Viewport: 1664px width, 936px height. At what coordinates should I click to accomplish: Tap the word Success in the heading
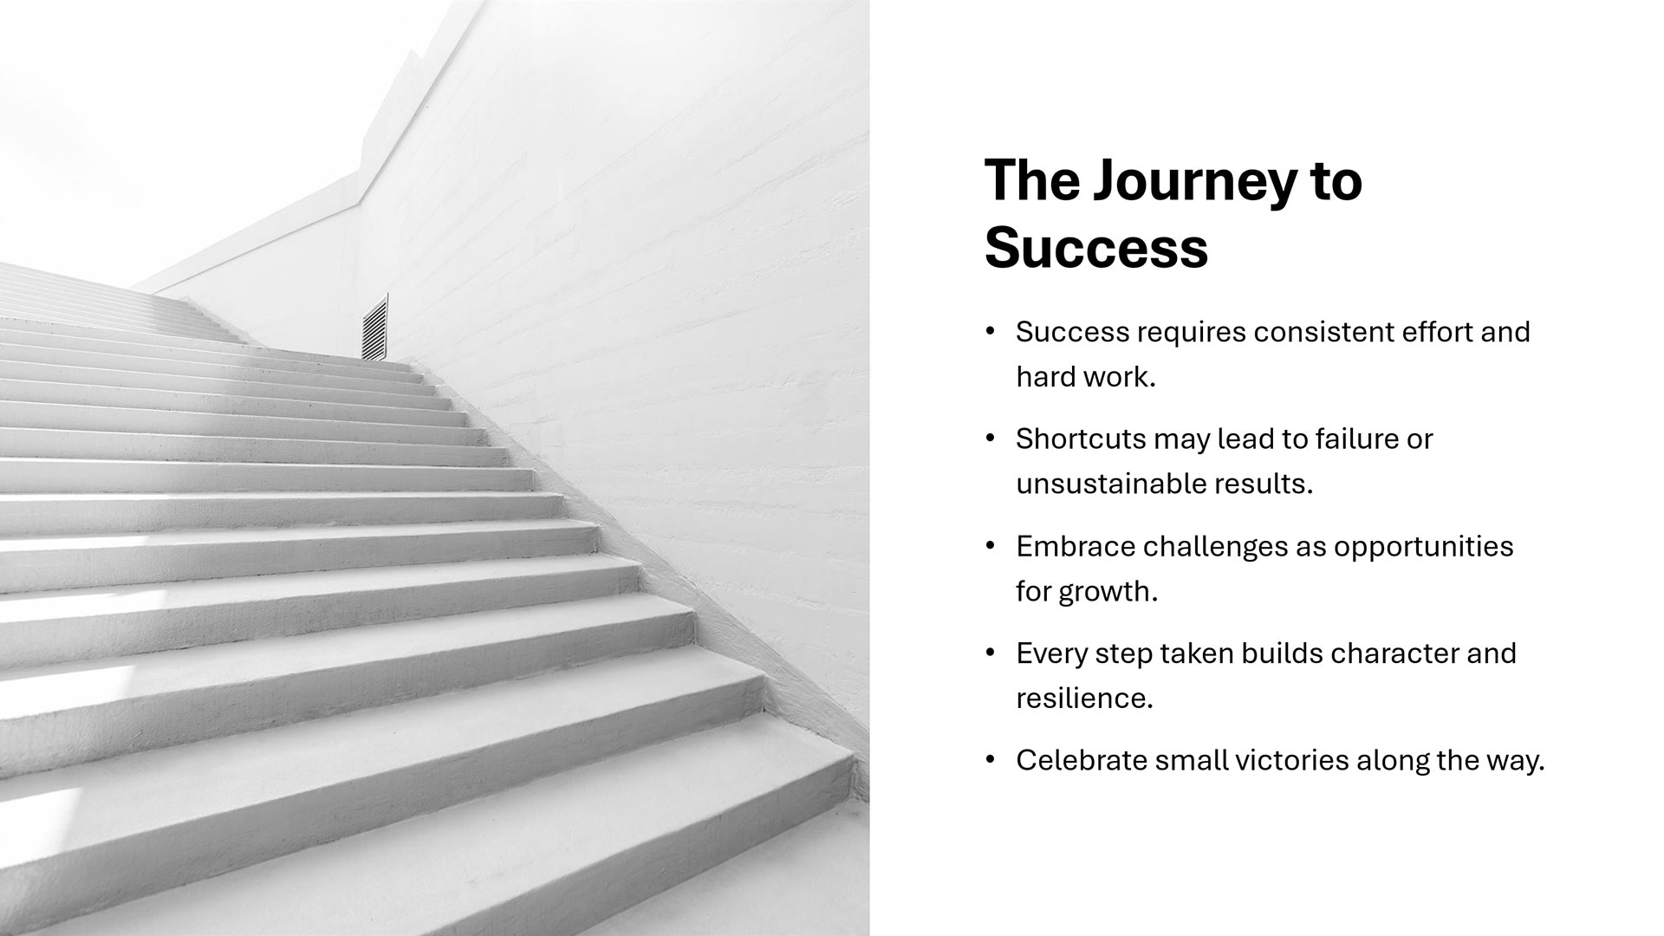(1096, 247)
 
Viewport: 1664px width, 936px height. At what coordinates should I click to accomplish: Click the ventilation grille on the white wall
(374, 328)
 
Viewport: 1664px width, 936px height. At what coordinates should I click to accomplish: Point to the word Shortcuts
(1081, 439)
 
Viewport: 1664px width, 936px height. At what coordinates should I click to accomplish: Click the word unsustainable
(1108, 484)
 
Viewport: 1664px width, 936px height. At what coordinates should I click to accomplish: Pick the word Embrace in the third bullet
(1075, 547)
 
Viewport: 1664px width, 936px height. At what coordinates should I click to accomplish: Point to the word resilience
(1084, 699)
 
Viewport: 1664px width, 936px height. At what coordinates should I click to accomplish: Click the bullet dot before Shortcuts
(991, 439)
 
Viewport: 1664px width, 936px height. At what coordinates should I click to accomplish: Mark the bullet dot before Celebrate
(991, 761)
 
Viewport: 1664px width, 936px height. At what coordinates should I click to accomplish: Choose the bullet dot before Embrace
(991, 547)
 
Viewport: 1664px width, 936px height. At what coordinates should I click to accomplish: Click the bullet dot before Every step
(991, 653)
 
